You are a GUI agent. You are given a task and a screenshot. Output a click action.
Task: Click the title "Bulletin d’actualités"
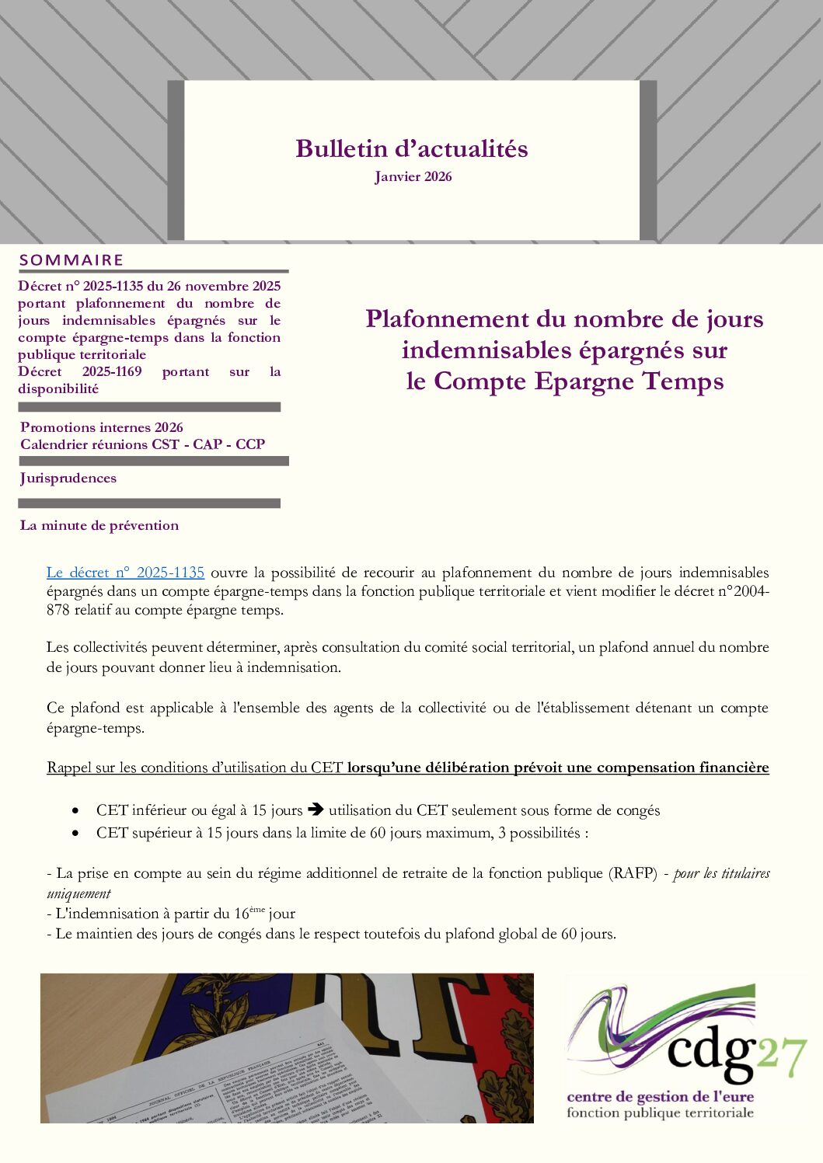(411, 148)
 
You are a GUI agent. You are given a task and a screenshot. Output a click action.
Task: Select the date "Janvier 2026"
(413, 177)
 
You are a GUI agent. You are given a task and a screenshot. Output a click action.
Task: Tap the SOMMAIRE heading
(71, 260)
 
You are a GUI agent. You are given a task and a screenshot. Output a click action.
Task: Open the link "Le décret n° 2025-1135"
(125, 573)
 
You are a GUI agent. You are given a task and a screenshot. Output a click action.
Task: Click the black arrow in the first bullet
(316, 810)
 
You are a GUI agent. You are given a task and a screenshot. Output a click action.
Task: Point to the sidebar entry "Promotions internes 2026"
(102, 427)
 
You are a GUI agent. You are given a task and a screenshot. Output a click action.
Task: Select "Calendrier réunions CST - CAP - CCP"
(142, 444)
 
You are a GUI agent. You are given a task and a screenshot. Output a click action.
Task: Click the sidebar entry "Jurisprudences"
(68, 479)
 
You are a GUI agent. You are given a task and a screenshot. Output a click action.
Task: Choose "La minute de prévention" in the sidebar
(99, 526)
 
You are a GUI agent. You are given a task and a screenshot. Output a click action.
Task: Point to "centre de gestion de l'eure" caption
(660, 1097)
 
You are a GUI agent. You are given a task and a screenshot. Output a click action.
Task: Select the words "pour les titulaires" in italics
(722, 873)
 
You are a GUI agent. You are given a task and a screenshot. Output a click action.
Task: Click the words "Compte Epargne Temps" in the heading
(579, 381)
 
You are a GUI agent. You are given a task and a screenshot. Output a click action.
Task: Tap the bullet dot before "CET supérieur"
(75, 833)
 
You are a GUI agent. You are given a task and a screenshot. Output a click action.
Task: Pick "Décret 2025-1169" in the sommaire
(80, 372)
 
